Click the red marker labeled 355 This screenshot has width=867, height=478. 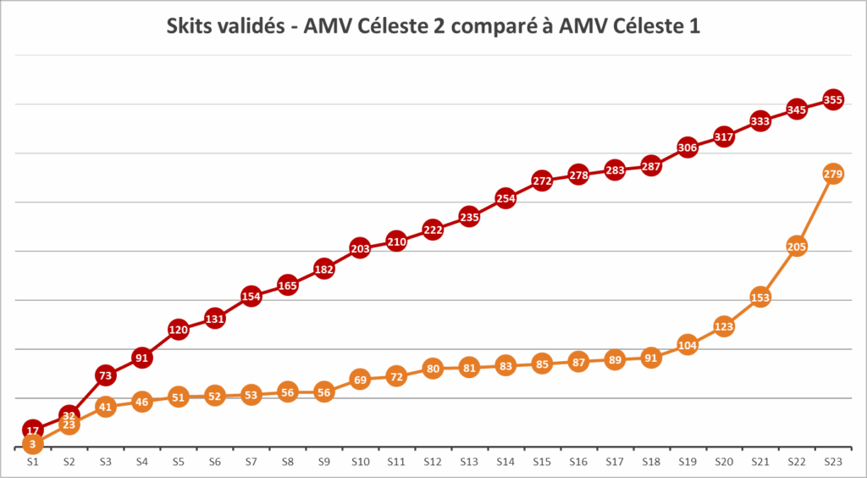click(x=833, y=100)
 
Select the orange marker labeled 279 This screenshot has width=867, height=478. click(x=833, y=175)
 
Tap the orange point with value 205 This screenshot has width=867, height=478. click(x=797, y=247)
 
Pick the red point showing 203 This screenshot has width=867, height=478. click(x=360, y=249)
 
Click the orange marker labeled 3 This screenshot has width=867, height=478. click(x=32, y=443)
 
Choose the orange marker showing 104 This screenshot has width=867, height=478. click(x=688, y=345)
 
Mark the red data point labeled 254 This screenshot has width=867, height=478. click(x=505, y=199)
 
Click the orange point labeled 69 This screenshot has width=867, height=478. click(x=360, y=380)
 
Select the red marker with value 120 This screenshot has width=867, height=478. click(x=178, y=330)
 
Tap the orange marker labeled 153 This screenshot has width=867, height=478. click(x=760, y=297)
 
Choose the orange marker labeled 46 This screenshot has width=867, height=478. click(x=141, y=402)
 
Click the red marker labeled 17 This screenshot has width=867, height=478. click(x=32, y=431)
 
